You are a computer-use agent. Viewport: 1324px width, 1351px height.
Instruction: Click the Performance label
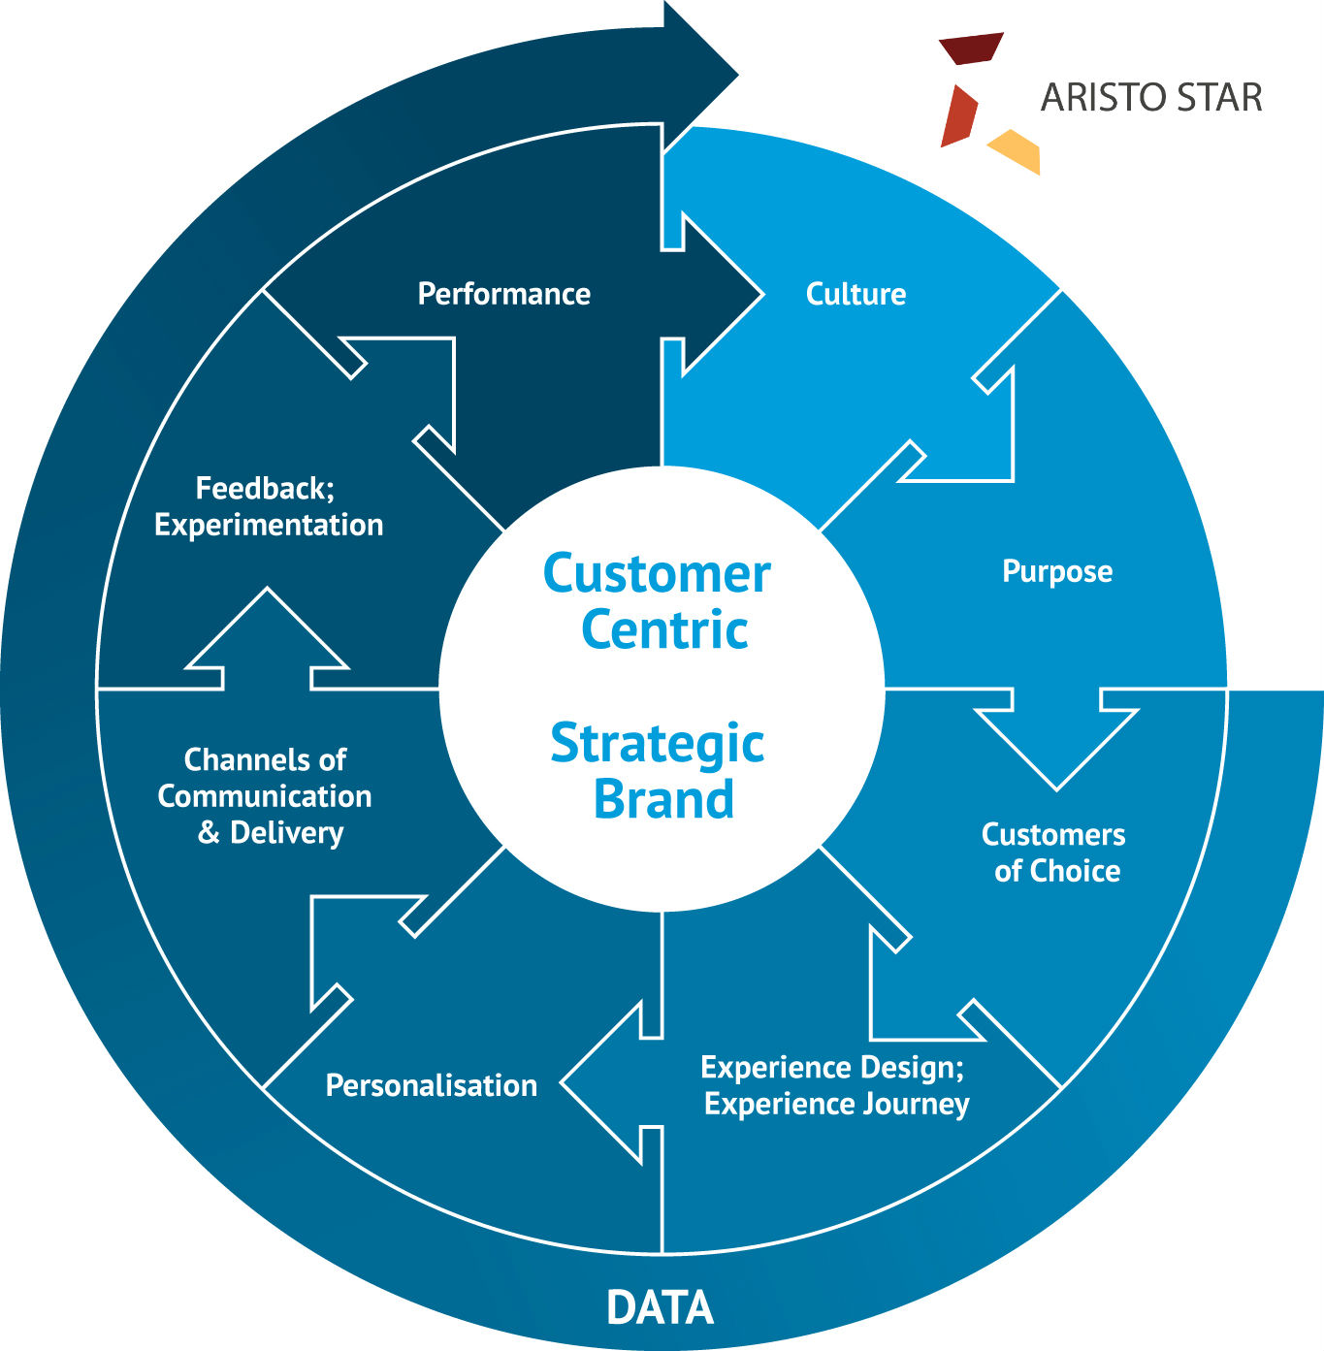(503, 294)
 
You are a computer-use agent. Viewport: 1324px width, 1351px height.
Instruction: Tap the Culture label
(856, 294)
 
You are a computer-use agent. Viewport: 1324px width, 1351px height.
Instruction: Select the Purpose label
(1056, 571)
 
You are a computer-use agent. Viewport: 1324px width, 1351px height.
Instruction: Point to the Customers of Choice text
(1054, 852)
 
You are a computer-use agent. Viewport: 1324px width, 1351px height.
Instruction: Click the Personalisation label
(431, 1085)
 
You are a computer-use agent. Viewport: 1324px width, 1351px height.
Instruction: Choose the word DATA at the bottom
(660, 1307)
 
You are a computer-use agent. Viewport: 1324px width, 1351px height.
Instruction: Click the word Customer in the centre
(657, 574)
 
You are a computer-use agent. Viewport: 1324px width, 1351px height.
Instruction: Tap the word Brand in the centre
(663, 799)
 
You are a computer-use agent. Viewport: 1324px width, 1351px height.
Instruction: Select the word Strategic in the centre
(658, 745)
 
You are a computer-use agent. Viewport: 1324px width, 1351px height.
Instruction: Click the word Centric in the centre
(664, 630)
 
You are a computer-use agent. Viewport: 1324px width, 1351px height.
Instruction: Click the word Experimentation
(269, 525)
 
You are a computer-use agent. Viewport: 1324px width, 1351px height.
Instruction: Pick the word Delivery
(286, 832)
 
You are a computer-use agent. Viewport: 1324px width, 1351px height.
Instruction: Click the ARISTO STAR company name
(1151, 98)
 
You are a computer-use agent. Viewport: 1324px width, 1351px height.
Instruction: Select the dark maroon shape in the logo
(970, 48)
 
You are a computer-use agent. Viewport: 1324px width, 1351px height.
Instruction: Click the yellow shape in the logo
(1017, 150)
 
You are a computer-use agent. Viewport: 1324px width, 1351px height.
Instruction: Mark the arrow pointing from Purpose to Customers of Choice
(1056, 737)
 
